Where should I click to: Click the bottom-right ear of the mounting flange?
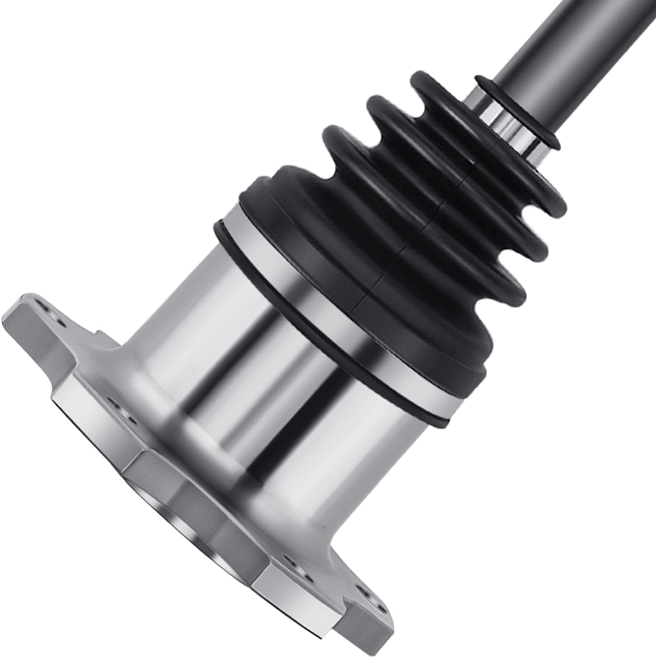[x=358, y=602]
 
